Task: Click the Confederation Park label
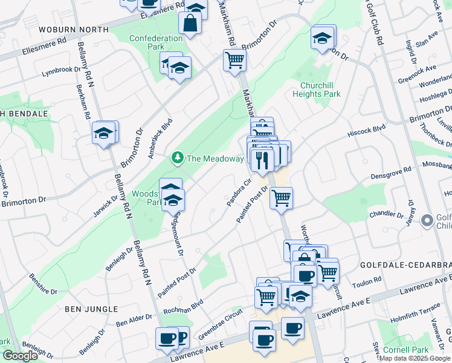tap(156, 42)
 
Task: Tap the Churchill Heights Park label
tap(316, 90)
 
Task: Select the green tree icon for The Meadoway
tap(177, 159)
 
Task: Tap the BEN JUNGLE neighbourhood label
tap(91, 309)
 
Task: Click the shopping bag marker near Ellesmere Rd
tap(190, 24)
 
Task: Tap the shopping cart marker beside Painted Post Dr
tap(281, 197)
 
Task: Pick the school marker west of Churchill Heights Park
tap(323, 38)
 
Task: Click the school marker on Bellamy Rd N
tap(104, 132)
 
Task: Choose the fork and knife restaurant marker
tap(262, 160)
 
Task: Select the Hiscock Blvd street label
tap(367, 131)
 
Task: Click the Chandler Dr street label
tap(386, 214)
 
